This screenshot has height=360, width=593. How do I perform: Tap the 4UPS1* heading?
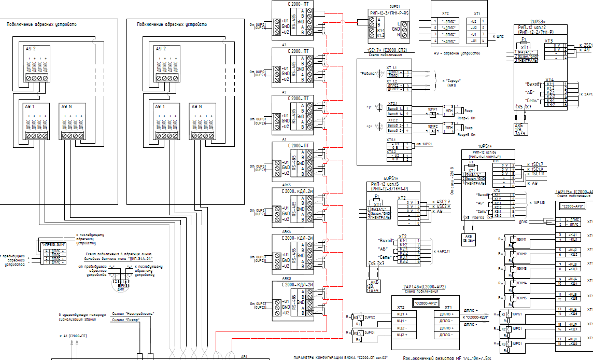[x=391, y=178]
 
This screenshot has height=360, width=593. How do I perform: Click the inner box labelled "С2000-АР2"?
[x=426, y=302]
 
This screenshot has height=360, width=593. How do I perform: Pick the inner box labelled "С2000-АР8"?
[x=573, y=206]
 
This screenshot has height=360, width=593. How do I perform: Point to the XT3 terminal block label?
[x=548, y=40]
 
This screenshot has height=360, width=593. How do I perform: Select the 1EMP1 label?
[x=433, y=109]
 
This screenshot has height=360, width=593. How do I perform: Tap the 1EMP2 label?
[x=433, y=126]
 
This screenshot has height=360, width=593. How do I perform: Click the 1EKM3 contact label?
[x=521, y=268]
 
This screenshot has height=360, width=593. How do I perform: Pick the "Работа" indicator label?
[x=369, y=74]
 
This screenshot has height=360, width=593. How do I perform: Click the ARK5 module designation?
[x=287, y=185]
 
